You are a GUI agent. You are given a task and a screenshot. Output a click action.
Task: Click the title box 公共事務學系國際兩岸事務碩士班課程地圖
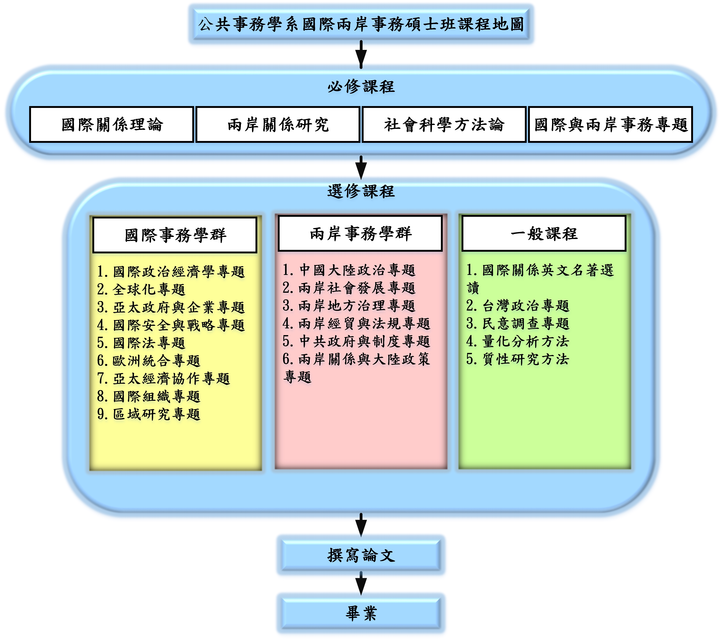pos(361,24)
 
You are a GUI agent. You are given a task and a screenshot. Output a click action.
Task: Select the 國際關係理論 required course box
pos(112,124)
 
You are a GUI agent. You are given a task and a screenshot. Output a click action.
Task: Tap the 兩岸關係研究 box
pos(278,124)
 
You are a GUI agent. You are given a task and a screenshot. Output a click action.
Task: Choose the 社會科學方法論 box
pos(444,124)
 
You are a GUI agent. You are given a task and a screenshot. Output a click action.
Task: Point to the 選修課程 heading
pos(361,191)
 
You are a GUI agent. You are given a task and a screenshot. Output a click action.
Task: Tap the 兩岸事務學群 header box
pos(360,233)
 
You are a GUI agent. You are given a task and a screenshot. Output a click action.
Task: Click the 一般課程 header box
pos(544,233)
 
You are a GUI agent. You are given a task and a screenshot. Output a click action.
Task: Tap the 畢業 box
pos(361,613)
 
